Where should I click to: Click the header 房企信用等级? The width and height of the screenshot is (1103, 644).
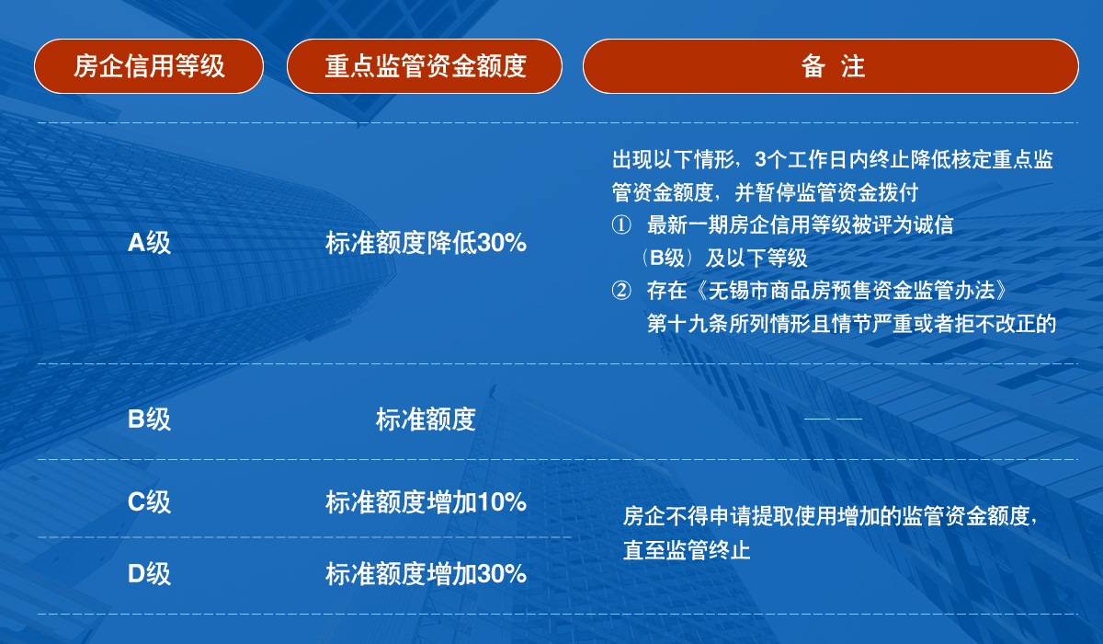(x=149, y=66)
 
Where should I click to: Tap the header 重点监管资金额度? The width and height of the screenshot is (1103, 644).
(x=425, y=66)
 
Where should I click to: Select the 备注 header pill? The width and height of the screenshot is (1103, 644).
(x=831, y=66)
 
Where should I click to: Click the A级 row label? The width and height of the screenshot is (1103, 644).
(x=149, y=243)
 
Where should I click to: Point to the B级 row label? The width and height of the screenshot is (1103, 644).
(x=149, y=419)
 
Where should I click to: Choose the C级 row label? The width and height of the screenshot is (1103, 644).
(x=149, y=502)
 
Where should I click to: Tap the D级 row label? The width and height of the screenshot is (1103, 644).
(x=149, y=573)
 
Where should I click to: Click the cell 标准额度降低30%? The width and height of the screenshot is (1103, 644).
(x=426, y=243)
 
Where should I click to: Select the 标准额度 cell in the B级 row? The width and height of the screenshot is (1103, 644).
(x=426, y=419)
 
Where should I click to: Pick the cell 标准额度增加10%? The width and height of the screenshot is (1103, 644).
(x=426, y=502)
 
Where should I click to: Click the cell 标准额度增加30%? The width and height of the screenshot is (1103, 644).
(x=426, y=573)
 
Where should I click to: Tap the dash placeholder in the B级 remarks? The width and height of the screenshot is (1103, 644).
(x=833, y=419)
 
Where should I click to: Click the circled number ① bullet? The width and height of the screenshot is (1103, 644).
(x=621, y=225)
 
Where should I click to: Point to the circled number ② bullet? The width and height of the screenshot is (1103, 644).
(x=621, y=291)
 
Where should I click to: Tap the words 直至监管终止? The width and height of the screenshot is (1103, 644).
(x=687, y=550)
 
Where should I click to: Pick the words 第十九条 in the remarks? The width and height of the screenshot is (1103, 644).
(x=688, y=324)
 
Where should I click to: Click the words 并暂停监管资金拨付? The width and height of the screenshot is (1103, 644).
(x=826, y=192)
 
